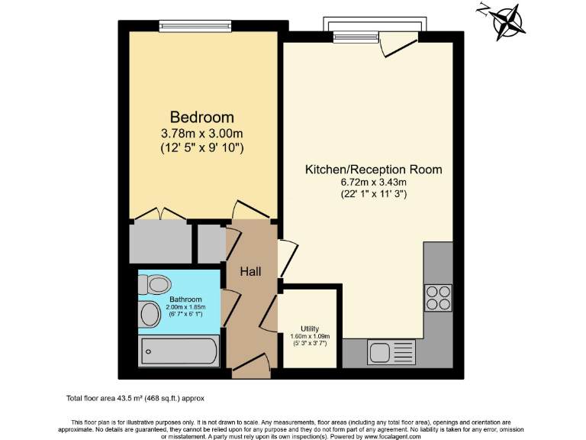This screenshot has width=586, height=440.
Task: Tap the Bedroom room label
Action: (201, 118)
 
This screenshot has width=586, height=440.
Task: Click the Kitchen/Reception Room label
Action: (373, 169)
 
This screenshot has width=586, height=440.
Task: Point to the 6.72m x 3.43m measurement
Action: (373, 182)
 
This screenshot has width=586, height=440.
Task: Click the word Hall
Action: (251, 272)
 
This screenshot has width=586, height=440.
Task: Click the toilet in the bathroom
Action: (155, 284)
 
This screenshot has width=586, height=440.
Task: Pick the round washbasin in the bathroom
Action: (150, 313)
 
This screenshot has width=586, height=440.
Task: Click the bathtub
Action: (180, 353)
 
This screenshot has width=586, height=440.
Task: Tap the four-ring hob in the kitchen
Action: (438, 297)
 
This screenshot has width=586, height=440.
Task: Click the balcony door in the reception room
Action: (398, 45)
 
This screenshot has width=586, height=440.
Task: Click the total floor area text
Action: (135, 399)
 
